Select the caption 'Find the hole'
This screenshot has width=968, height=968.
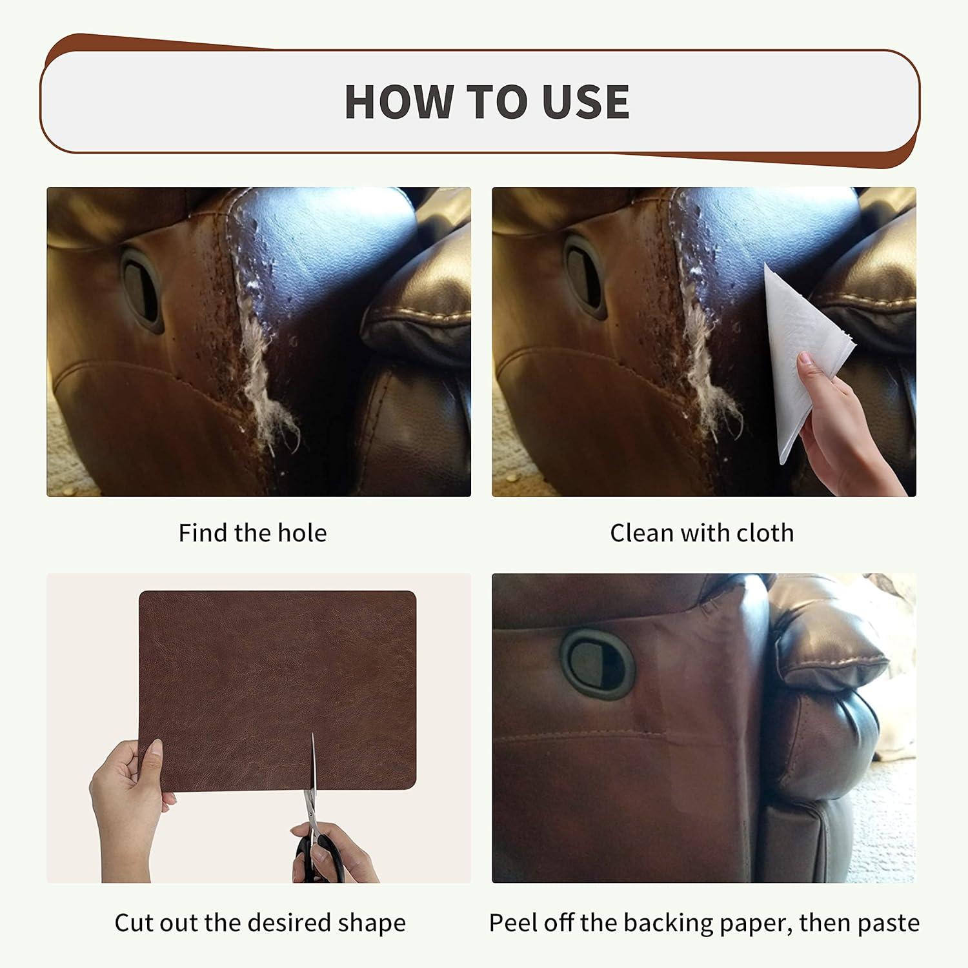point(252,533)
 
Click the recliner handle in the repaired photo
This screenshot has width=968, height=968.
point(598,665)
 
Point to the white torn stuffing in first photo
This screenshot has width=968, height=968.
point(268,374)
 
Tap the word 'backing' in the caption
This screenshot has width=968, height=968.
point(660,923)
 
